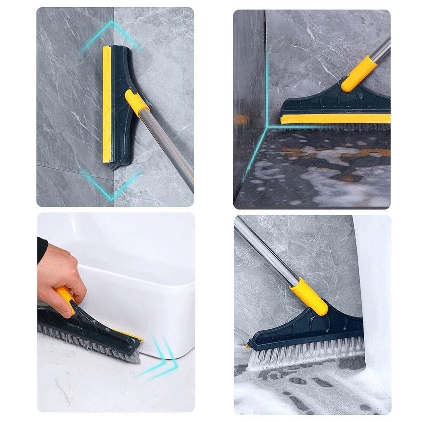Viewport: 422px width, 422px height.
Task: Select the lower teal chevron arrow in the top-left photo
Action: (110, 185)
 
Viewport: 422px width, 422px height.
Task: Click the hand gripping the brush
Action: (59, 270)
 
